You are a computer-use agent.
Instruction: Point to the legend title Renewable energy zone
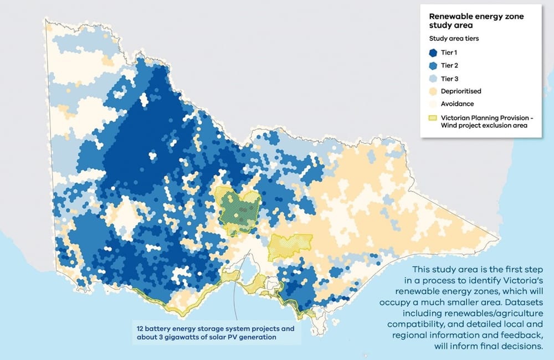coord(476,17)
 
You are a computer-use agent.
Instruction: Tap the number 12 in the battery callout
coord(141,328)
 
